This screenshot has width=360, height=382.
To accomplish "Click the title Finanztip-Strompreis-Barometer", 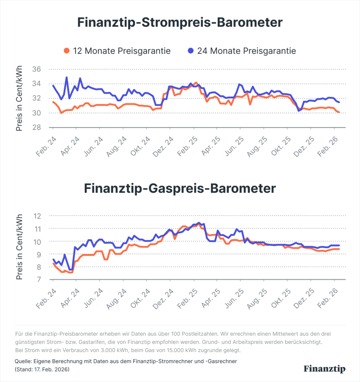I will click(x=180, y=23).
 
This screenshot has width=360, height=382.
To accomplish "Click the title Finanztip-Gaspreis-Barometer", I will click(x=180, y=188).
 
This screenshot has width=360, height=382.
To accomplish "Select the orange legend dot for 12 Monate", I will click(x=66, y=51).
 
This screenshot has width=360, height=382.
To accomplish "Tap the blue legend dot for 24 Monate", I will click(x=191, y=51).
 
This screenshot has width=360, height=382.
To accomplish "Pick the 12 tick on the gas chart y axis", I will click(x=37, y=216).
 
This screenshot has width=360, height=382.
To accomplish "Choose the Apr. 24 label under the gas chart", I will click(x=70, y=298).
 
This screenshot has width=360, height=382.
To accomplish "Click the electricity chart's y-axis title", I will click(x=19, y=98).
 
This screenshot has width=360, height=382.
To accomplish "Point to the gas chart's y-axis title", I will click(x=19, y=247).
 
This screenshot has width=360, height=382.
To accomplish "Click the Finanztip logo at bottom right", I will click(x=324, y=369).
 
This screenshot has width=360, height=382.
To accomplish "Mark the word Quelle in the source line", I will click(x=22, y=361).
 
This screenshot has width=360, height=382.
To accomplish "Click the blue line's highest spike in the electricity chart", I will click(x=66, y=77).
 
